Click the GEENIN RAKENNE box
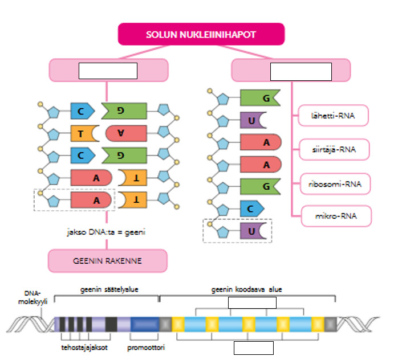pos(107,261)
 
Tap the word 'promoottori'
pos(146,346)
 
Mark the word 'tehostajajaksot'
pos(85,346)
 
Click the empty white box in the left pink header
pos(108,71)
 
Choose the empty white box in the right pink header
pos(301,72)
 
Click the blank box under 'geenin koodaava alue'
pos(252,302)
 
